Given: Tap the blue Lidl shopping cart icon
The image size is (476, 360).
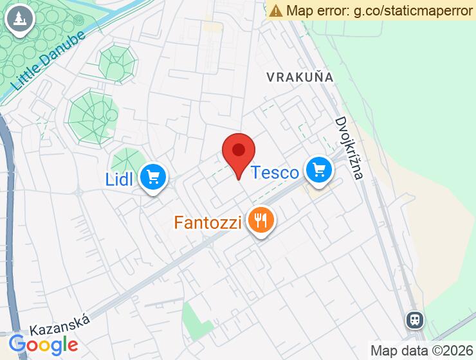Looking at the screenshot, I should pos(152,176).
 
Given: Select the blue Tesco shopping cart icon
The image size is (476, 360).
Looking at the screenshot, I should pos(318,170).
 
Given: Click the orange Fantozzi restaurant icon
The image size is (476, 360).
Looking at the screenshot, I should pos(261,222).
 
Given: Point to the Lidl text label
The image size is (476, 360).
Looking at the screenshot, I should pos(119,179).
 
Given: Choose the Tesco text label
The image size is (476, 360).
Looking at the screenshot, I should pos(275,172).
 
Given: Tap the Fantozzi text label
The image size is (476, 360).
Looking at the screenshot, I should pos(208,223).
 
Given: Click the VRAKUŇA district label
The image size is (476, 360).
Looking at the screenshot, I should pos(300,77).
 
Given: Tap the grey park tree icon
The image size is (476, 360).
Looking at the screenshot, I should pos(19,19).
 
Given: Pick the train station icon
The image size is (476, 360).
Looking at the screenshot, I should pos(415,319).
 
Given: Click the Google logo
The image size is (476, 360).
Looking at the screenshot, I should pos(43,345).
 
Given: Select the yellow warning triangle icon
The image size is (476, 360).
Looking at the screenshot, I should pos(276,10).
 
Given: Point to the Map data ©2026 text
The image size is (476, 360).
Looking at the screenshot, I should pos(421,350).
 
